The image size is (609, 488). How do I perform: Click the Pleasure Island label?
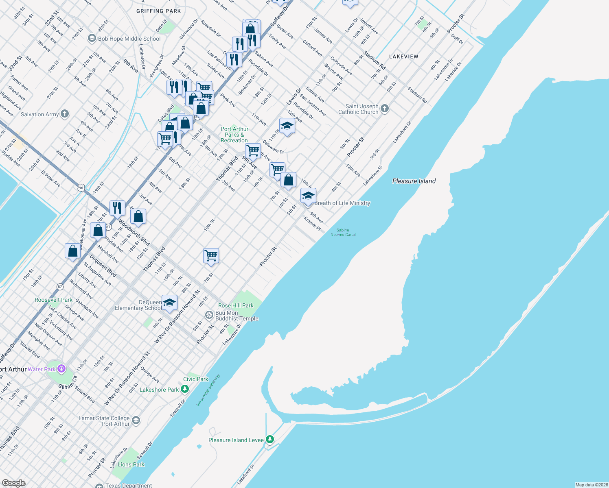(x=414, y=181)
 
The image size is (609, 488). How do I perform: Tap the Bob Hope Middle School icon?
(x=92, y=39)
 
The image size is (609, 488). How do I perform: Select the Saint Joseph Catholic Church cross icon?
(x=385, y=109)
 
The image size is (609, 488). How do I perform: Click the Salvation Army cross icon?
(x=65, y=114)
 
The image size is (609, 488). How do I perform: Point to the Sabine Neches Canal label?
(x=343, y=232)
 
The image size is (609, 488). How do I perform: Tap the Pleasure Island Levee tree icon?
(x=269, y=440)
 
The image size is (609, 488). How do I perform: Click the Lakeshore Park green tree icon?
(x=185, y=389)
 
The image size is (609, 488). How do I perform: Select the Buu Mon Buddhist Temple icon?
(x=209, y=315)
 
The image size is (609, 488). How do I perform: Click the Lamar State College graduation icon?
(x=136, y=420)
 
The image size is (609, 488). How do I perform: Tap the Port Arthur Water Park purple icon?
(x=61, y=369)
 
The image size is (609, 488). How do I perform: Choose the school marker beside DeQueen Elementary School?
(x=169, y=303)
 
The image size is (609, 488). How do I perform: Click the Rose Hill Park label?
(x=236, y=305)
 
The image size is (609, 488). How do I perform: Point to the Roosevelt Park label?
(x=53, y=300)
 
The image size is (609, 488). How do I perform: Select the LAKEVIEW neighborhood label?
(x=403, y=57)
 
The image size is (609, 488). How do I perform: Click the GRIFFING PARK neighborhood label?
(x=158, y=11)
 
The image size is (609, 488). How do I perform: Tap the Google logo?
(x=13, y=483)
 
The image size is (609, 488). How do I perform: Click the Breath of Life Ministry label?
(x=342, y=203)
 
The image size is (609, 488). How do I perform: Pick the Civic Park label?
(x=195, y=379)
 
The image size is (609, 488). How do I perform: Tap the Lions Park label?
(x=131, y=464)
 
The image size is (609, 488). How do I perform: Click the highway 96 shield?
(x=81, y=187)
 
